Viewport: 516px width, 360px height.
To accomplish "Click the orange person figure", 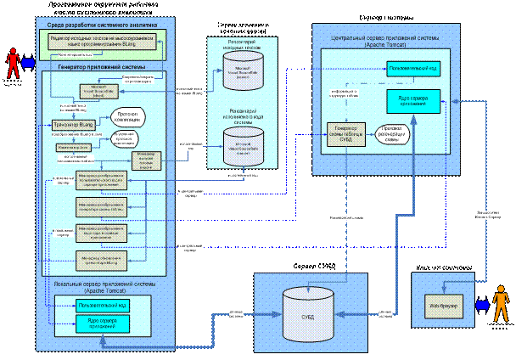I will [501, 304].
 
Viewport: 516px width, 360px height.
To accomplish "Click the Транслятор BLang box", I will [72, 125].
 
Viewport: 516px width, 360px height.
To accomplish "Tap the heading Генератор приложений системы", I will [101, 66].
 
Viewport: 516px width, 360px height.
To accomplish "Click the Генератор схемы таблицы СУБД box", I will [345, 135].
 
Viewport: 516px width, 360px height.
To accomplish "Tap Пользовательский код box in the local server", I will [101, 304].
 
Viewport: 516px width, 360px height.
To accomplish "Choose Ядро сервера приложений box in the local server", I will [101, 323].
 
